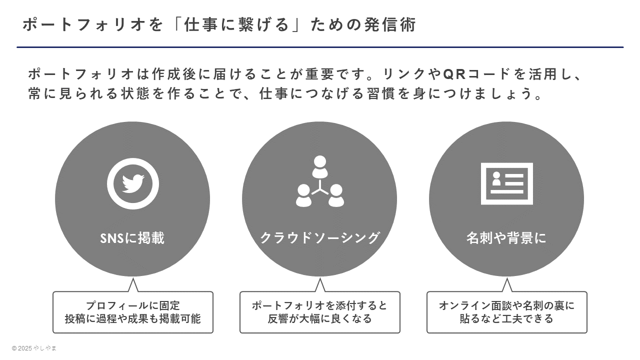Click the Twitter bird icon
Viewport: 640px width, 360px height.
pos(133,183)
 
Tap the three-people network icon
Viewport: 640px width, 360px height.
pos(319,181)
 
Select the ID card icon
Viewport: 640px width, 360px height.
pos(507,183)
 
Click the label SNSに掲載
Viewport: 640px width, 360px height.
pos(132,238)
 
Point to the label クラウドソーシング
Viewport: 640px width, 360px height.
pos(319,238)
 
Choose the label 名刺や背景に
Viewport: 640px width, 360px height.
pos(506,238)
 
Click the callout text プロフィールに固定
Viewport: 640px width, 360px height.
pos(133,305)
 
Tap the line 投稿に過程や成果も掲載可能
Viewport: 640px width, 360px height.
pos(133,319)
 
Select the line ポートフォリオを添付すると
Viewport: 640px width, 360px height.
pos(319,305)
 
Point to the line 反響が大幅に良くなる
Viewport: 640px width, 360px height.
pos(319,319)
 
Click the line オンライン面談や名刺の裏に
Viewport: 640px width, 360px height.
pos(507,305)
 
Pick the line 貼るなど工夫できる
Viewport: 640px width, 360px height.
pos(507,319)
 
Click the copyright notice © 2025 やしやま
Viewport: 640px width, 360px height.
pos(34,348)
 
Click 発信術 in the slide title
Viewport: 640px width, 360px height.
pos(390,24)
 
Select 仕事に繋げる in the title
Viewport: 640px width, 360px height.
pos(237,24)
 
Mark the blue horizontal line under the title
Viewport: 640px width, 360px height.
pos(320,47)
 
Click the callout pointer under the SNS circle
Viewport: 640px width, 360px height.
pos(133,285)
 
